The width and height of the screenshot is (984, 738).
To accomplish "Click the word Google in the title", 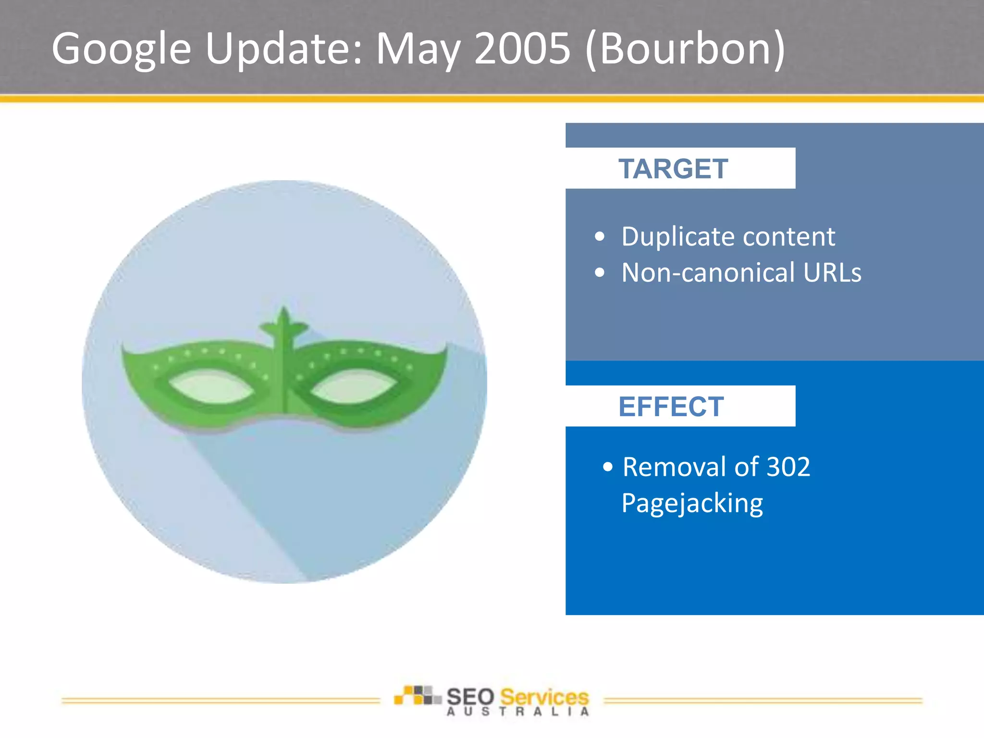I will click(121, 49).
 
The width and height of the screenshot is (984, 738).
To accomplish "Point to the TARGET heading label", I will click(673, 169).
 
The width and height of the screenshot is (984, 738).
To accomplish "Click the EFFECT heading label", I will click(671, 407).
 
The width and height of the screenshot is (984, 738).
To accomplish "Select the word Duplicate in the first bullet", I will click(677, 237).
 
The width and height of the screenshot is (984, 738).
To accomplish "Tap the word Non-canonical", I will click(708, 273).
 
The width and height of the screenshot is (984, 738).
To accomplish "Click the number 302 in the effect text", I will click(788, 467).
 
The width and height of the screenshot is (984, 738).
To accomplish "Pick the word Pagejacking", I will click(692, 504).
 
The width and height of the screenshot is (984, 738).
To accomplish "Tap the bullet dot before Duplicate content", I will click(599, 236).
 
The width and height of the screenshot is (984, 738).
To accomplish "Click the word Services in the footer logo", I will click(544, 697).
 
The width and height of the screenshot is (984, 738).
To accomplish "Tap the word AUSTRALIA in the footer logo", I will click(517, 712).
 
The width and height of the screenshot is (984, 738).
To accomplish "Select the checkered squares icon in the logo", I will click(417, 695).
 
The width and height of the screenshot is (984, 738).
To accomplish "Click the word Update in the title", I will click(283, 49).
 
